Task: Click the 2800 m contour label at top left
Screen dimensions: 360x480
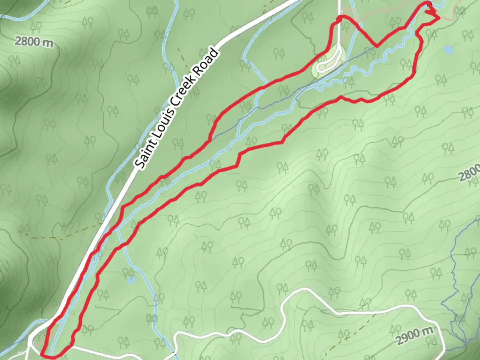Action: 34,42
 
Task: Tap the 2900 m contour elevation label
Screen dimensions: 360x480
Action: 415,335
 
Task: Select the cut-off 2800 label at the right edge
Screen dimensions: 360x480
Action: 469,174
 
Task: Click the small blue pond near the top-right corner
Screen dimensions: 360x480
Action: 448,50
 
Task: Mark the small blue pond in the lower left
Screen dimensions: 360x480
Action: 131,280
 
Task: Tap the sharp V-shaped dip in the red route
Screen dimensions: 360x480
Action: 376,46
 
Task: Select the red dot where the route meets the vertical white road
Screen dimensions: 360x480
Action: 339,19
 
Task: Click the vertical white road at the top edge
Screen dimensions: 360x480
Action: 339,7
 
